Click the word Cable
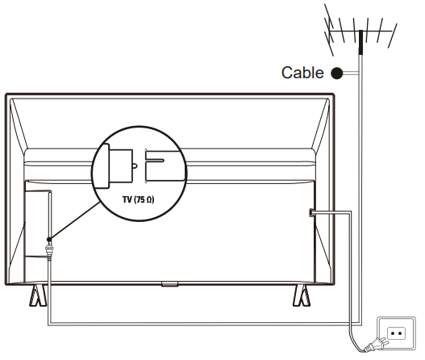tap(302, 73)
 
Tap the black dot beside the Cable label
tap(337, 73)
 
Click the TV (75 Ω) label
tap(138, 199)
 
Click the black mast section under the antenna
tap(360, 42)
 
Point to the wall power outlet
tap(396, 333)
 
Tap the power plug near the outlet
tap(377, 344)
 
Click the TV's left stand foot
tap(38, 295)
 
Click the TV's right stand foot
tap(302, 295)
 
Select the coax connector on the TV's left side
tap(49, 252)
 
